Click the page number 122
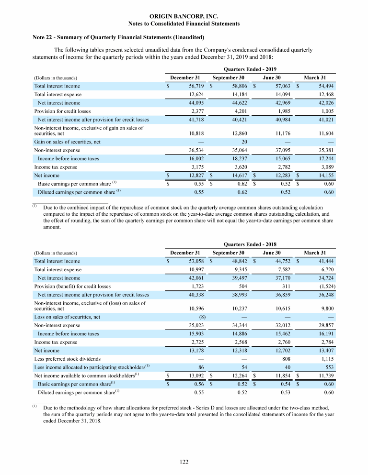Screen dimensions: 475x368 [x=184, y=462]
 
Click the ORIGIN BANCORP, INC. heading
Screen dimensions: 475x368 [x=184, y=16]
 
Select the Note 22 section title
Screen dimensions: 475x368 [x=118, y=37]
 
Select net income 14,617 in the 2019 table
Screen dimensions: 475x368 [x=235, y=176]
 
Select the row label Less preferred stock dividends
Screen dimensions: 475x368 [x=68, y=358]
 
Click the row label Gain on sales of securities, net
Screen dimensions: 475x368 [x=67, y=142]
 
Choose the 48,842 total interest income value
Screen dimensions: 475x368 [x=235, y=261]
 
